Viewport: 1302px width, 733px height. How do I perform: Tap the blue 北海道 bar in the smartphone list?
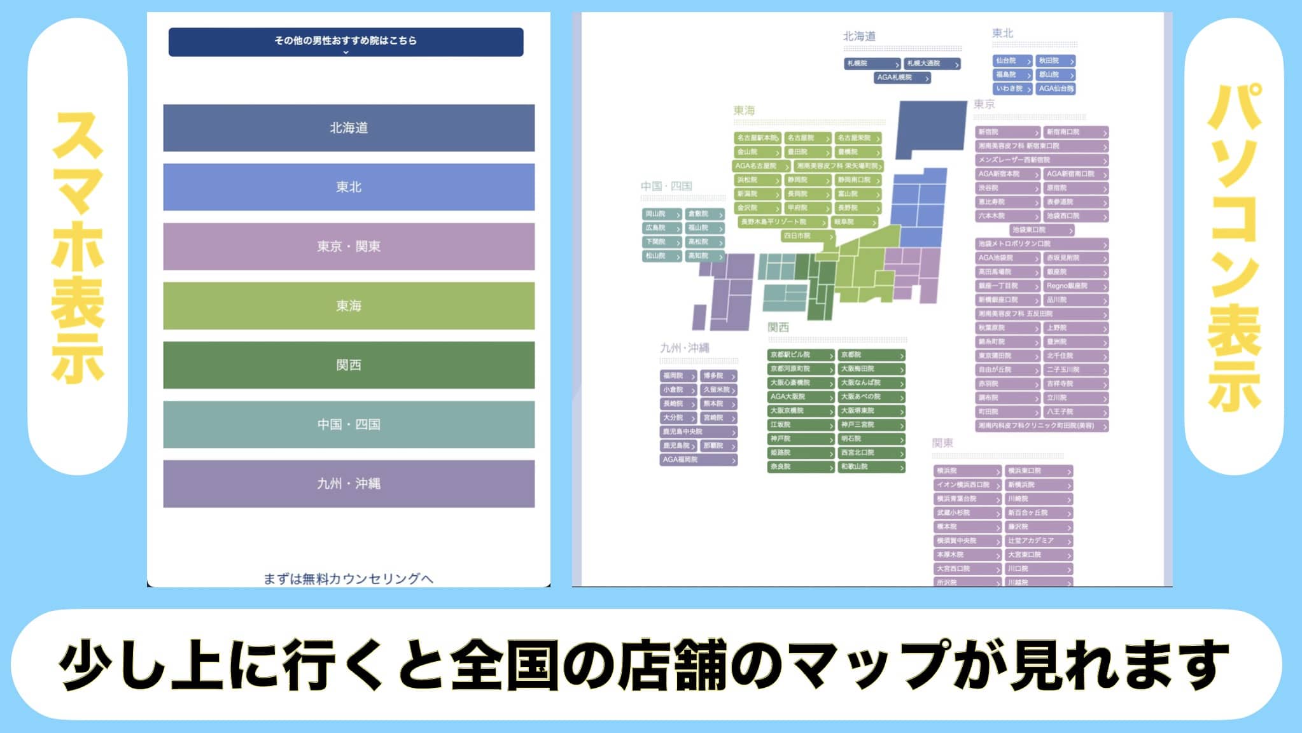[x=348, y=128]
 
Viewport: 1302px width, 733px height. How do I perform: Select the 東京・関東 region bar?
[x=348, y=246]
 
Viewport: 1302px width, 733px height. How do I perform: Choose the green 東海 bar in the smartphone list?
[x=348, y=306]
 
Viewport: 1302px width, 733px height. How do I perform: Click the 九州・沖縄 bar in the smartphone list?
[x=348, y=484]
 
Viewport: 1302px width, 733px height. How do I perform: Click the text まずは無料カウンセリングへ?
[x=348, y=578]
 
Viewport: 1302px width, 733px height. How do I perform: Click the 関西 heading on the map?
[x=778, y=328]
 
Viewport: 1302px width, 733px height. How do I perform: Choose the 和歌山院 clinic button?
[x=871, y=467]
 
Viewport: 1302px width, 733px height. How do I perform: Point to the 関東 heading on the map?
[x=942, y=443]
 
